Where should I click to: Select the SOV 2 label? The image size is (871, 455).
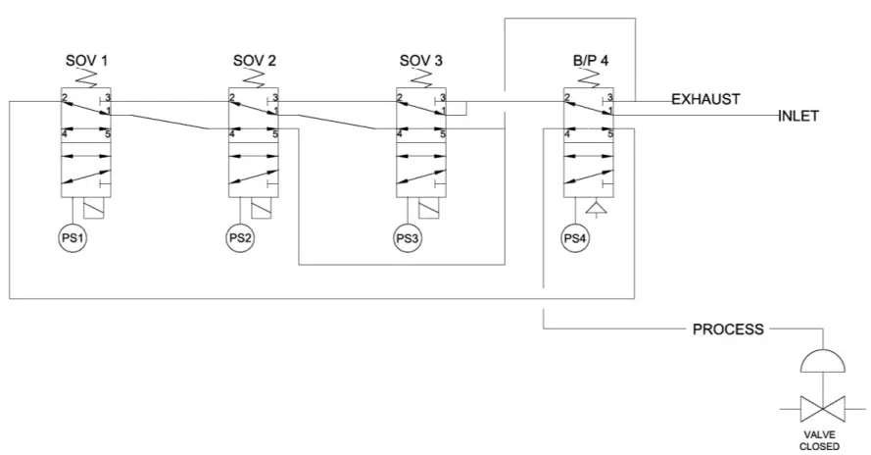click(255, 61)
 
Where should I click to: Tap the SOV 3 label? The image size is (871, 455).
click(422, 61)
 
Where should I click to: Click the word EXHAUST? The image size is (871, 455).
click(705, 99)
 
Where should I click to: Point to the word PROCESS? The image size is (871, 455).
click(728, 329)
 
